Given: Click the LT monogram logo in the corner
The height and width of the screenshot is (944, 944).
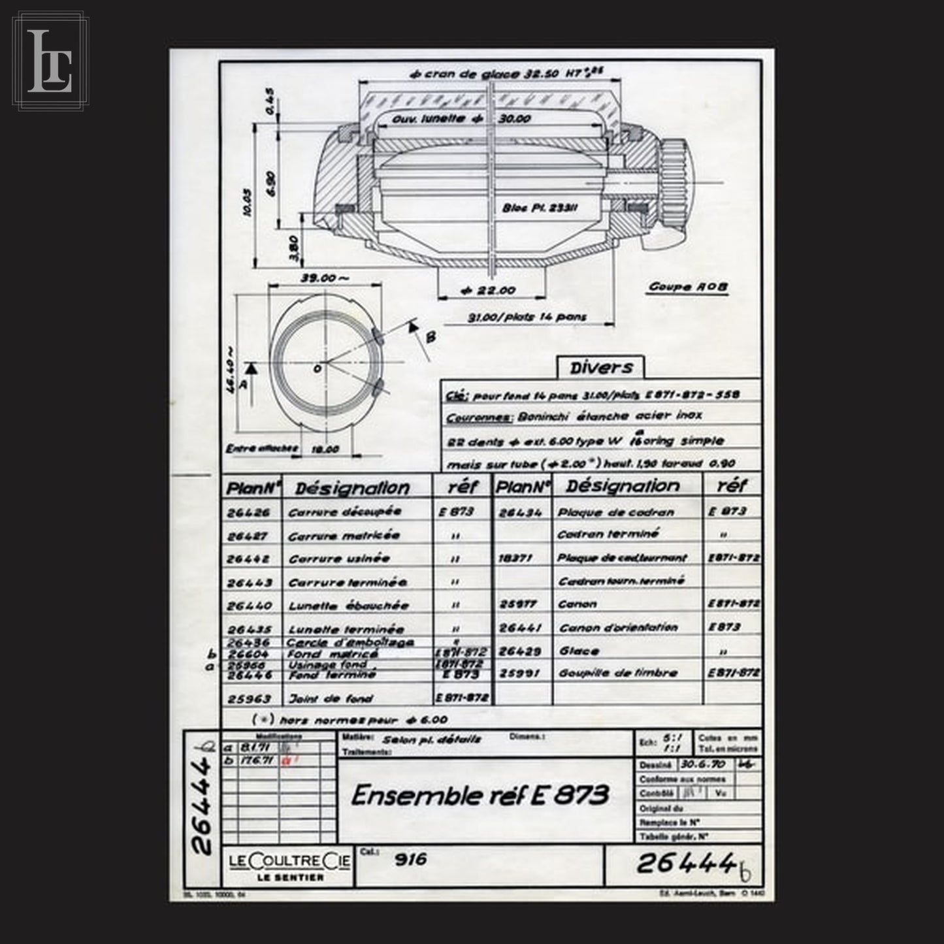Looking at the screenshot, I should (x=50, y=60).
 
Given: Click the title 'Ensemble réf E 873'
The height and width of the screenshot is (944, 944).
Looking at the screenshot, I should (x=480, y=795).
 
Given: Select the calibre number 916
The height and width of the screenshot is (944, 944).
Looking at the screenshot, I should (x=410, y=860).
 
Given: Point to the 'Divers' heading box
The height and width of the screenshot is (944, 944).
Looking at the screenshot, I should (x=600, y=367).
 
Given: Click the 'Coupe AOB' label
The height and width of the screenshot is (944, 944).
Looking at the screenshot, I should (x=688, y=286).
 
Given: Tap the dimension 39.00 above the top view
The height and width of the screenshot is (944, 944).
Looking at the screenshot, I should (x=324, y=278).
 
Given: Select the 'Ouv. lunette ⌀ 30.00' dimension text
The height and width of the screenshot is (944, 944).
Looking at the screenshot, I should (x=461, y=119).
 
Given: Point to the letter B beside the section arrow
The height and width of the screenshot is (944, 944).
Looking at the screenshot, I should (x=431, y=337).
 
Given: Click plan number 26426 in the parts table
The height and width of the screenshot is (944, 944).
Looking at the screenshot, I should (x=248, y=513).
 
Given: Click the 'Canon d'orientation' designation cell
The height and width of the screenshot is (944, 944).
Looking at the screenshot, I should (x=617, y=628).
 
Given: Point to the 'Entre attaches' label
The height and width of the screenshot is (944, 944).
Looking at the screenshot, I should (x=261, y=449).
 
